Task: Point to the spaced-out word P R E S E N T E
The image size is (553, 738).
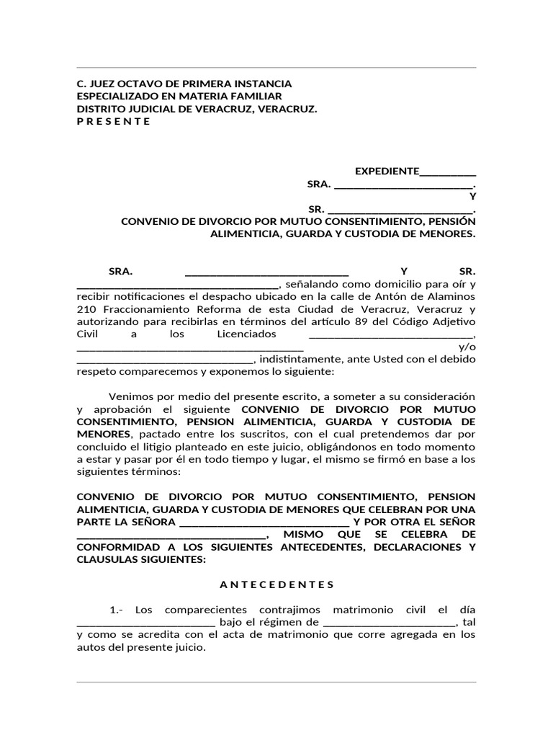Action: [114, 121]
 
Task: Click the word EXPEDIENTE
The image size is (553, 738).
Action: [387, 171]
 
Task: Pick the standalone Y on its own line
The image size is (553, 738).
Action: [472, 196]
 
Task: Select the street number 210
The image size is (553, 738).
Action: [86, 308]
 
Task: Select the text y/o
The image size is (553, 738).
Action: [467, 347]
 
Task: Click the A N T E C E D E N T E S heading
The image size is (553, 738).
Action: [276, 584]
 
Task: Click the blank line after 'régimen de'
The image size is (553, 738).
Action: [390, 621]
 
